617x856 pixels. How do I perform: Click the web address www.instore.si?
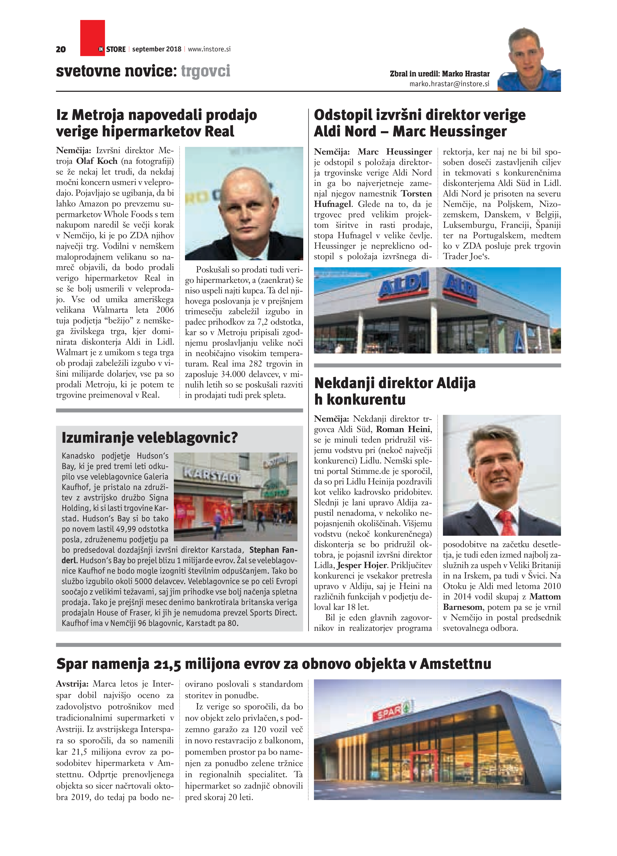pos(209,49)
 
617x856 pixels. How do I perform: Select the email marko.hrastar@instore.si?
pos(449,84)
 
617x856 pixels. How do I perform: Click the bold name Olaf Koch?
pos(97,161)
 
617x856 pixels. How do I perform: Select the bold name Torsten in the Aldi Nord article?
pos(416,194)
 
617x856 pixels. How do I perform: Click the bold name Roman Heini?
pos(403,429)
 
